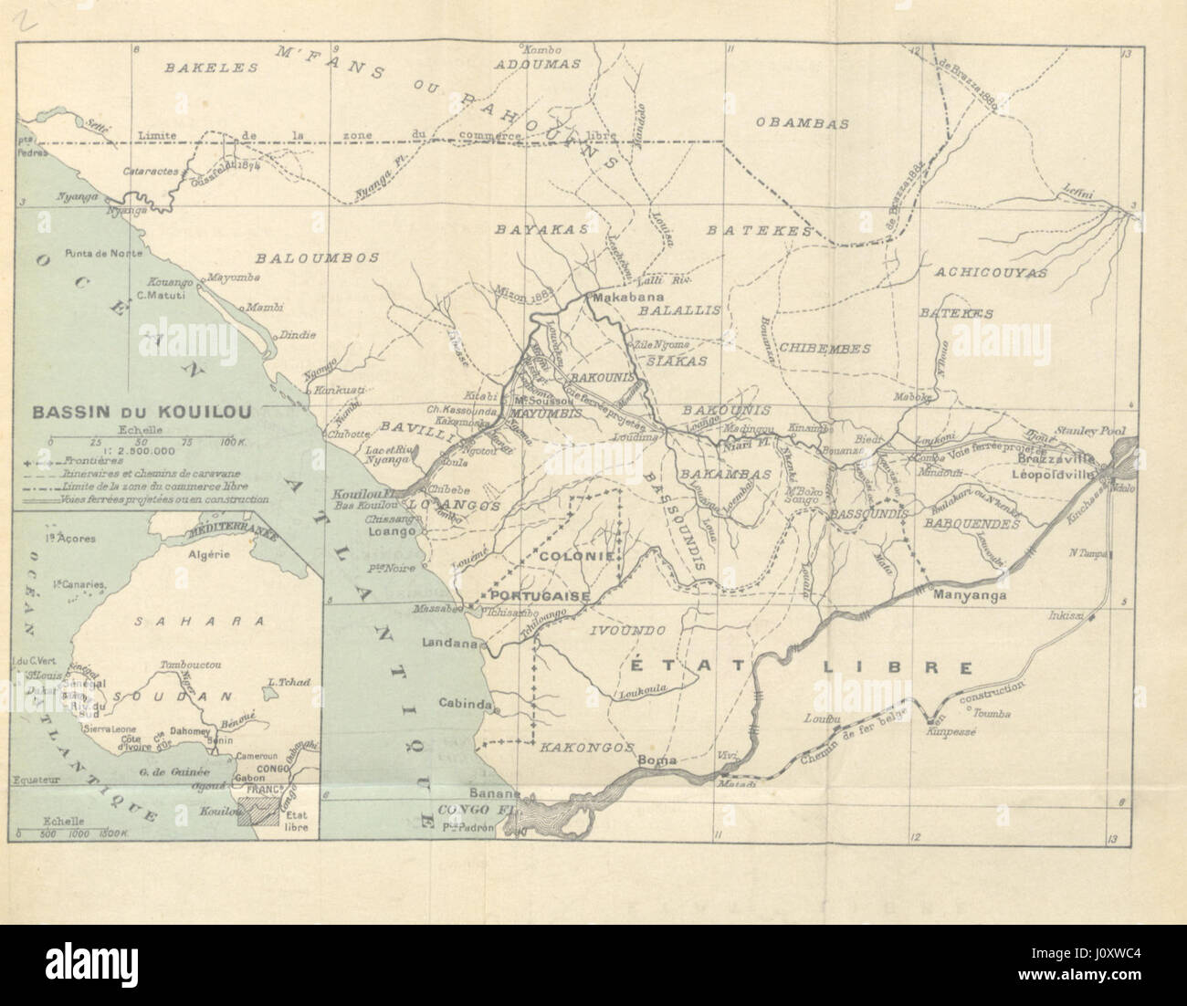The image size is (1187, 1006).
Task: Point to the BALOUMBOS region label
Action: click(x=317, y=258)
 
